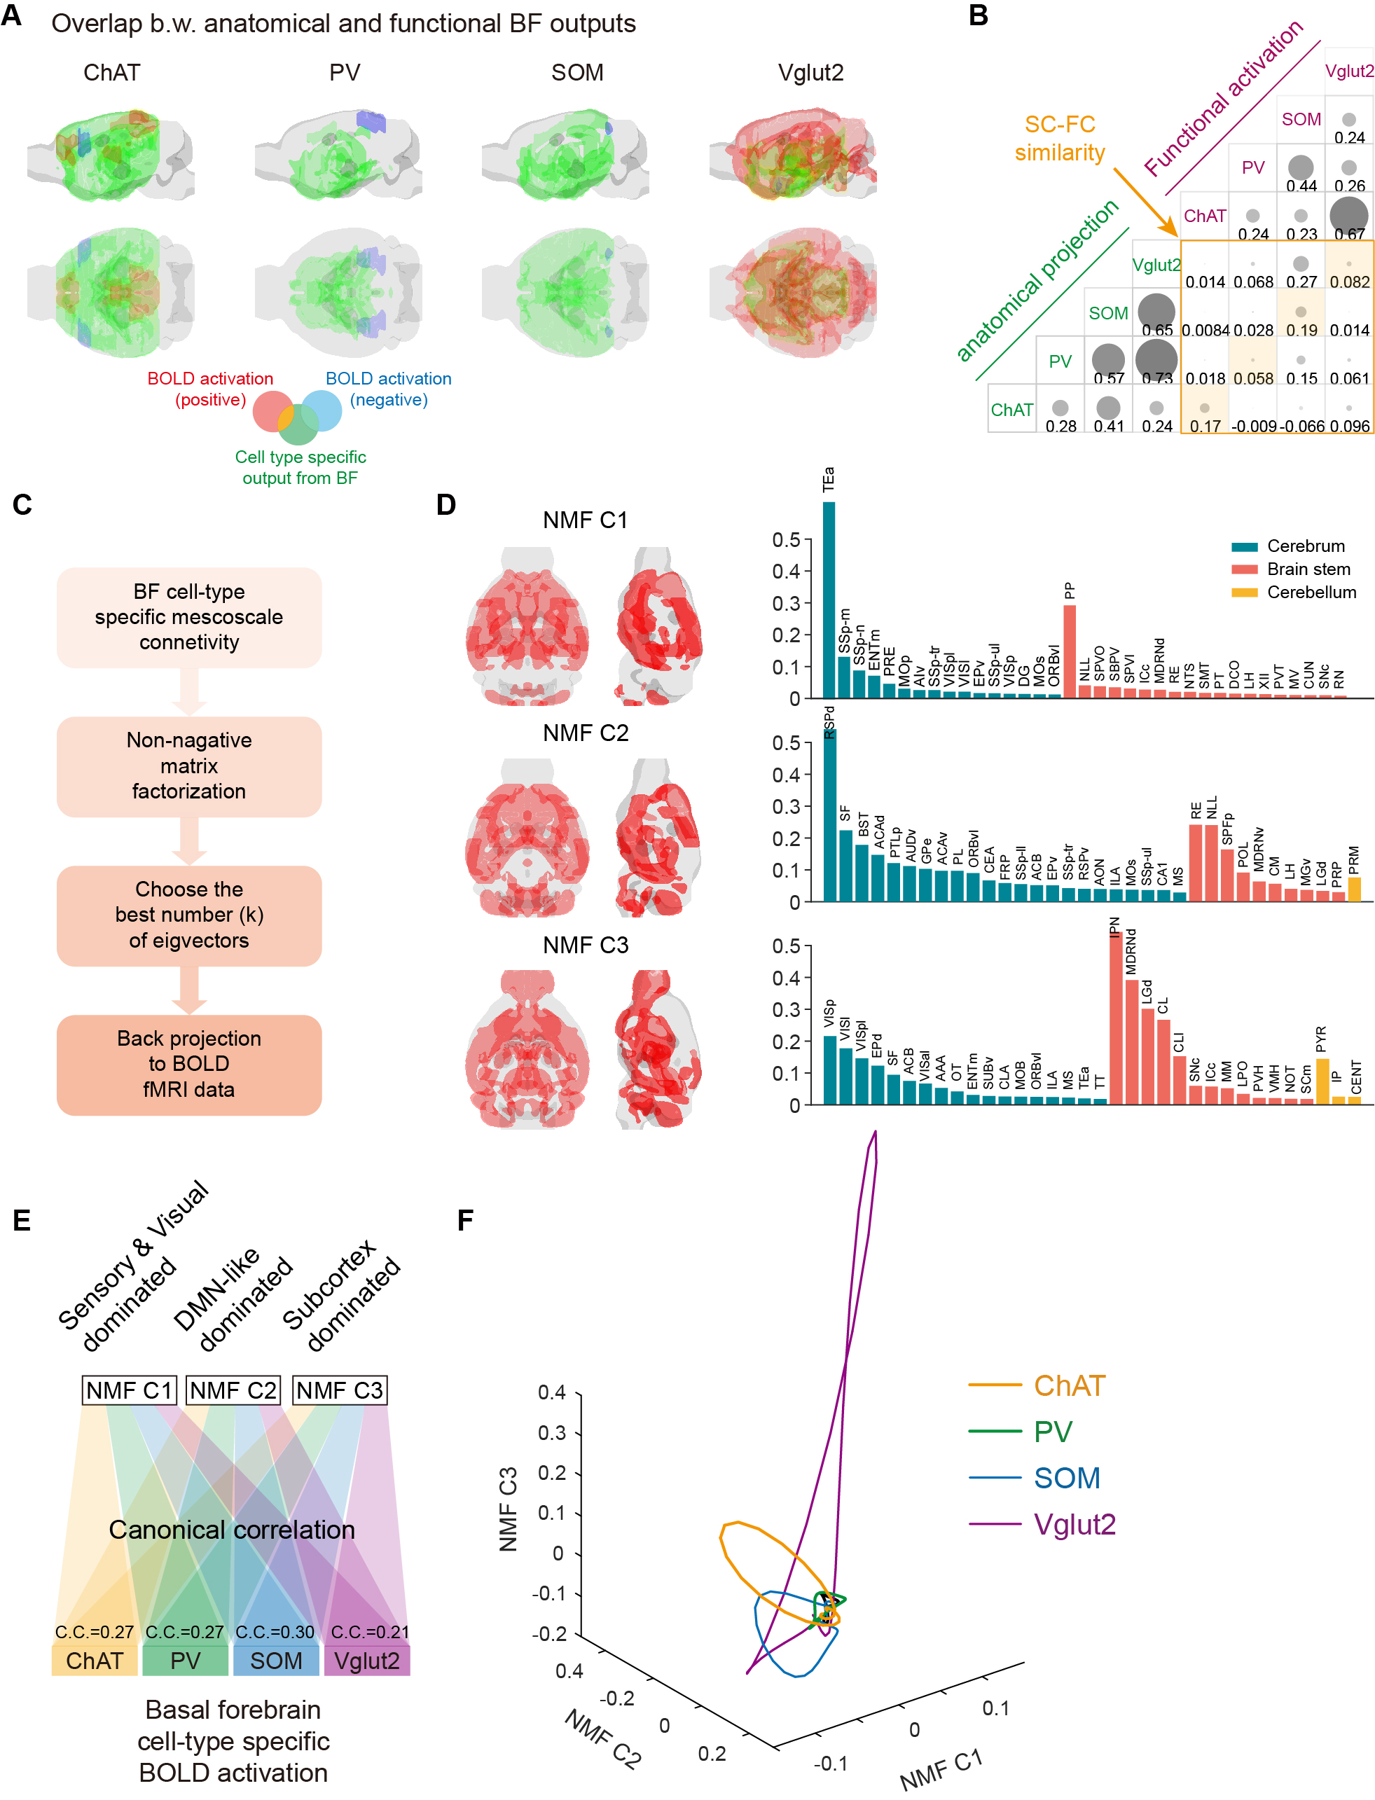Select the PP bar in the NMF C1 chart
click(1069, 651)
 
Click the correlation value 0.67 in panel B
click(1349, 234)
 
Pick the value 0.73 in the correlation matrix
click(1156, 378)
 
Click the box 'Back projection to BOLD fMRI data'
click(189, 1065)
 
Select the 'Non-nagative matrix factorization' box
click(189, 767)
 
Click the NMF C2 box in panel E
click(233, 1390)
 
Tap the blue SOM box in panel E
click(276, 1661)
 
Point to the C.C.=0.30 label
click(275, 1631)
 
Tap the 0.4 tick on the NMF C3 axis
click(552, 1392)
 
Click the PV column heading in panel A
click(345, 73)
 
